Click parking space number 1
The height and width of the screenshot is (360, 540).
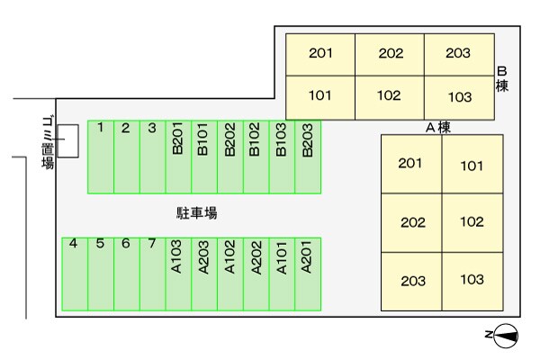point(101,157)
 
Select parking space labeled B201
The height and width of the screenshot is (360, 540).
point(178,157)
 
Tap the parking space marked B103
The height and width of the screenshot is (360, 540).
point(282,157)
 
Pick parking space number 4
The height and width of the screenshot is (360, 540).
point(74,274)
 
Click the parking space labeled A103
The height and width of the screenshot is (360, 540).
point(178,274)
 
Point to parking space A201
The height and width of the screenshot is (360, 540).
point(308,274)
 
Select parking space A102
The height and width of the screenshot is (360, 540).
point(230,274)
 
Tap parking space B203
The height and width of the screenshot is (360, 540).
point(308,157)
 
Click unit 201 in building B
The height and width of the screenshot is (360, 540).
point(320,55)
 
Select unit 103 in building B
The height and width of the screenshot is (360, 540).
point(459,96)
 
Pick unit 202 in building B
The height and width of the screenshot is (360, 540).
point(390,55)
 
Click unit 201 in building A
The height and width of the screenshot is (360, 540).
point(411,164)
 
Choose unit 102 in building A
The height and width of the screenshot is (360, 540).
point(472,222)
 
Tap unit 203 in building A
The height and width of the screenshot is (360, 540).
point(411,281)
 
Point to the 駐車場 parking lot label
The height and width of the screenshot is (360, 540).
point(197,214)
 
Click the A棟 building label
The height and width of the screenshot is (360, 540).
point(437,128)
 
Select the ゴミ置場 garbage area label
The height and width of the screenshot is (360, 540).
point(46,143)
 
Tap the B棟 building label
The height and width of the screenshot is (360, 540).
point(503,79)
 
